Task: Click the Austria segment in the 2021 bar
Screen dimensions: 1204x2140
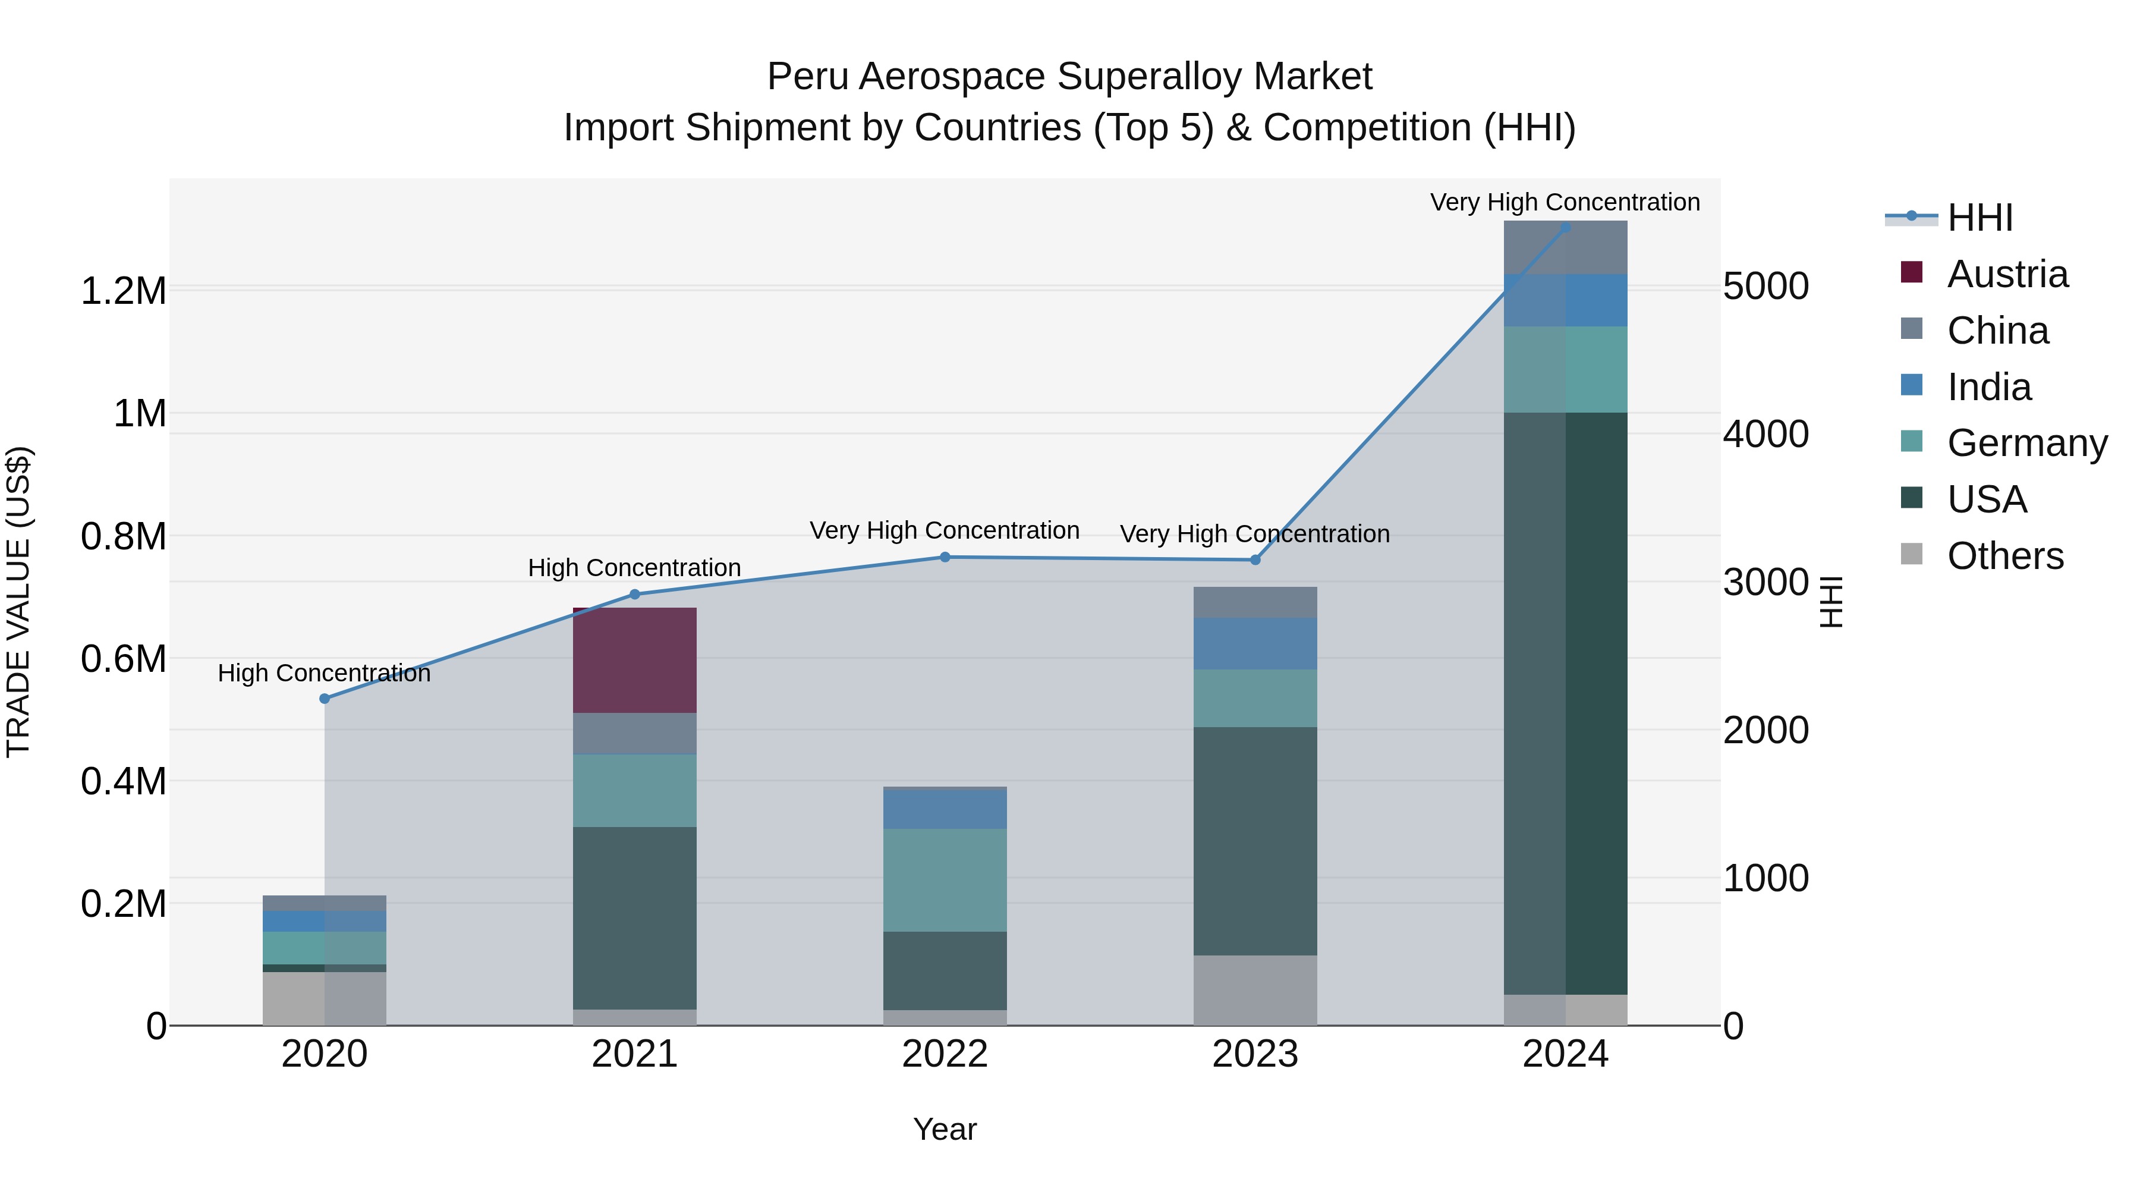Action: click(635, 660)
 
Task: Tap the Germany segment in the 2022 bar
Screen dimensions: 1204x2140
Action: click(945, 879)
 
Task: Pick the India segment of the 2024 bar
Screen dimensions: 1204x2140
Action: click(1565, 300)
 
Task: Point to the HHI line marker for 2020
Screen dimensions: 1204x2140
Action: click(325, 699)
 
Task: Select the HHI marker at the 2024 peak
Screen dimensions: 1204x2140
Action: click(1565, 227)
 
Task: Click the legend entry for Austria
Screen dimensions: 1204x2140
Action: click(2006, 274)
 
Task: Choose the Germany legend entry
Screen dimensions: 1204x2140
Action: click(2026, 443)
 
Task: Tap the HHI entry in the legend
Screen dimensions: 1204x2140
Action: click(1979, 218)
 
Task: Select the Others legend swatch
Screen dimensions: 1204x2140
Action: click(1912, 554)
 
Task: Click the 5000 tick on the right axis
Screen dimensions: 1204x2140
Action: click(1765, 286)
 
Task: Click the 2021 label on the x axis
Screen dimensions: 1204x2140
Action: click(635, 1054)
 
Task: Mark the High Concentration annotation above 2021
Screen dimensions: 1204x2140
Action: click(635, 568)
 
